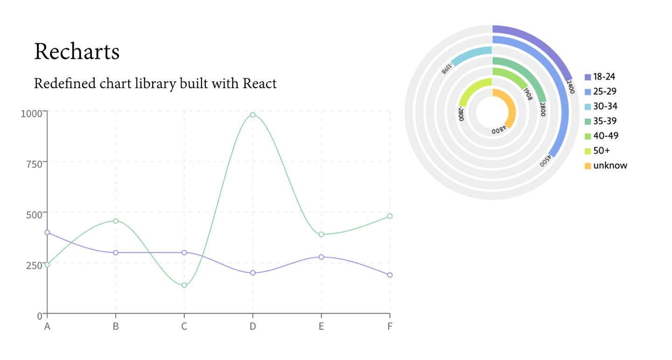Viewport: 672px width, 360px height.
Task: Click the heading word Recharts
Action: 77,51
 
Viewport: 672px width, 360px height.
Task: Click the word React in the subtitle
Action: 259,84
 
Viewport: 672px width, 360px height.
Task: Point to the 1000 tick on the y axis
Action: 31,113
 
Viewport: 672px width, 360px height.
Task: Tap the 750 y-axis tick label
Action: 34,163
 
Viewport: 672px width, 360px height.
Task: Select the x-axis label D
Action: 252,326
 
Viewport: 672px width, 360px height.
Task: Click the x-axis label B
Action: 116,326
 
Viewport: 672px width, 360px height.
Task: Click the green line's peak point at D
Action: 252,115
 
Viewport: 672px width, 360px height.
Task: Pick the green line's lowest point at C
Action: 184,285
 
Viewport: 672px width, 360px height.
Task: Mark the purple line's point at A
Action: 47,232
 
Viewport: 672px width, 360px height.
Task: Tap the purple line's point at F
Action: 390,275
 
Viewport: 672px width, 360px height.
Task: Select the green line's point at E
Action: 321,234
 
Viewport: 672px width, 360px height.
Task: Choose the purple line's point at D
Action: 252,273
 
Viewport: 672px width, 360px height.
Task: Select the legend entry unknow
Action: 610,166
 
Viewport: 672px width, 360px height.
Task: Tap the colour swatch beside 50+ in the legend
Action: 588,151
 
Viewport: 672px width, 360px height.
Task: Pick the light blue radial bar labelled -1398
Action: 471,55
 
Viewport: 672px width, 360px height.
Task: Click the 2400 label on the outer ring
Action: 570,86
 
